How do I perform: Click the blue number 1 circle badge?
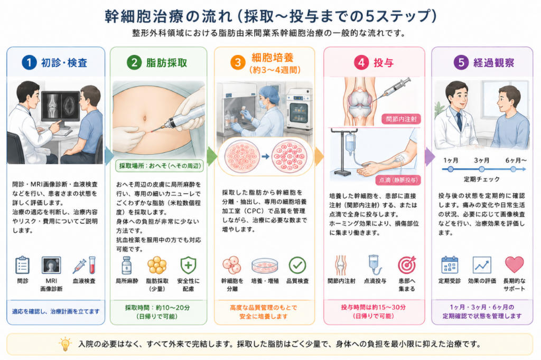pyautogui.click(x=29, y=62)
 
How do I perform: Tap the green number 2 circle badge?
pyautogui.click(x=134, y=62)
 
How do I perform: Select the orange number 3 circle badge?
pyautogui.click(x=238, y=63)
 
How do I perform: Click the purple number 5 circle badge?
pyautogui.click(x=461, y=62)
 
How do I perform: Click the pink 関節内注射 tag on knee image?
pyautogui.click(x=402, y=119)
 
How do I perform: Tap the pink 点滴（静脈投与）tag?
pyautogui.click(x=398, y=179)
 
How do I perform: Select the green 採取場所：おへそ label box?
pyautogui.click(x=160, y=166)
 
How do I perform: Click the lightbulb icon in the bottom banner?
pyautogui.click(x=65, y=344)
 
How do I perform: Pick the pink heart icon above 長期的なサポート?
pyautogui.click(x=514, y=264)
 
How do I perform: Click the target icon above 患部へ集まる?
pyautogui.click(x=407, y=265)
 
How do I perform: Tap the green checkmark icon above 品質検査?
pyautogui.click(x=297, y=265)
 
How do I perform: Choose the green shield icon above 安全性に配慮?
pyautogui.click(x=189, y=265)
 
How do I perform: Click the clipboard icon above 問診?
pyautogui.click(x=22, y=265)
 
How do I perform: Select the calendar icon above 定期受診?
pyautogui.click(x=450, y=265)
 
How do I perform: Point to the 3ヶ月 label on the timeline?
pyautogui.click(x=481, y=160)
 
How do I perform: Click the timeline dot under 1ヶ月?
pyautogui.click(x=450, y=169)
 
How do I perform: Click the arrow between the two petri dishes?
pyautogui.click(x=265, y=157)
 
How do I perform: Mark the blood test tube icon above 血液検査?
pyautogui.click(x=92, y=265)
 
